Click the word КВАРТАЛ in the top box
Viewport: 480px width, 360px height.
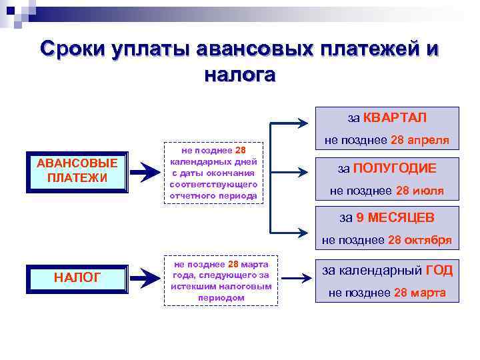395,118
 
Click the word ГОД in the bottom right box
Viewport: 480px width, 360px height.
439,270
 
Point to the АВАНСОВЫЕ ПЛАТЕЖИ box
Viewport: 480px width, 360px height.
77,172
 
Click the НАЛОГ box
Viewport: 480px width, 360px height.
77,277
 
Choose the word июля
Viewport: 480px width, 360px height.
429,191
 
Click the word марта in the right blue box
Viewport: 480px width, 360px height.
429,293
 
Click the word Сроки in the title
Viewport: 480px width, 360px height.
79,50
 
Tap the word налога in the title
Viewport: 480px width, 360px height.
239,75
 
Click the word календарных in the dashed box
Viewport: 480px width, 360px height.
214,161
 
